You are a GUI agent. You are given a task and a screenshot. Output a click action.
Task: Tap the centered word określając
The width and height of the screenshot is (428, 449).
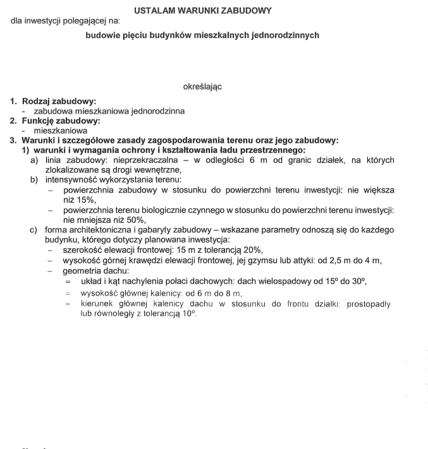click(202, 86)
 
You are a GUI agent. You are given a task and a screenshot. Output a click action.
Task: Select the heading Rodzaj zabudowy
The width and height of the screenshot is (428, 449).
click(59, 100)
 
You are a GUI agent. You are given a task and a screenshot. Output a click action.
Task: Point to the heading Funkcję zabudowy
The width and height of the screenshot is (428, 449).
click(61, 121)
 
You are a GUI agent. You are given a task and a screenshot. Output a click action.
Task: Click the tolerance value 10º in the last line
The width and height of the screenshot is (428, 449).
click(189, 314)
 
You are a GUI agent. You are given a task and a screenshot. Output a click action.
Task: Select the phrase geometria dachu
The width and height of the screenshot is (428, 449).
click(92, 270)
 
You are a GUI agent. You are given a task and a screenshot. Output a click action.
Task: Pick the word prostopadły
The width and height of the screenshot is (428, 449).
click(369, 304)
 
